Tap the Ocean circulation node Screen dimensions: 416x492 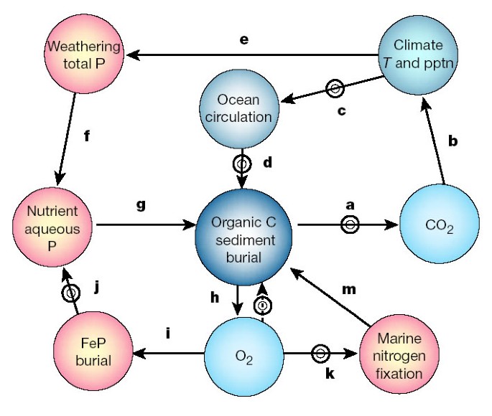(x=238, y=108)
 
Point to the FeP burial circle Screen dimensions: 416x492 (x=94, y=351)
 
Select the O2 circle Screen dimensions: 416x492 (x=245, y=354)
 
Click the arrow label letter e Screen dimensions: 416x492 (x=243, y=40)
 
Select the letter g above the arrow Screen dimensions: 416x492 (x=141, y=205)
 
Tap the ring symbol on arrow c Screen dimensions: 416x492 (x=335, y=89)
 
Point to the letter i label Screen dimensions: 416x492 (x=167, y=334)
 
